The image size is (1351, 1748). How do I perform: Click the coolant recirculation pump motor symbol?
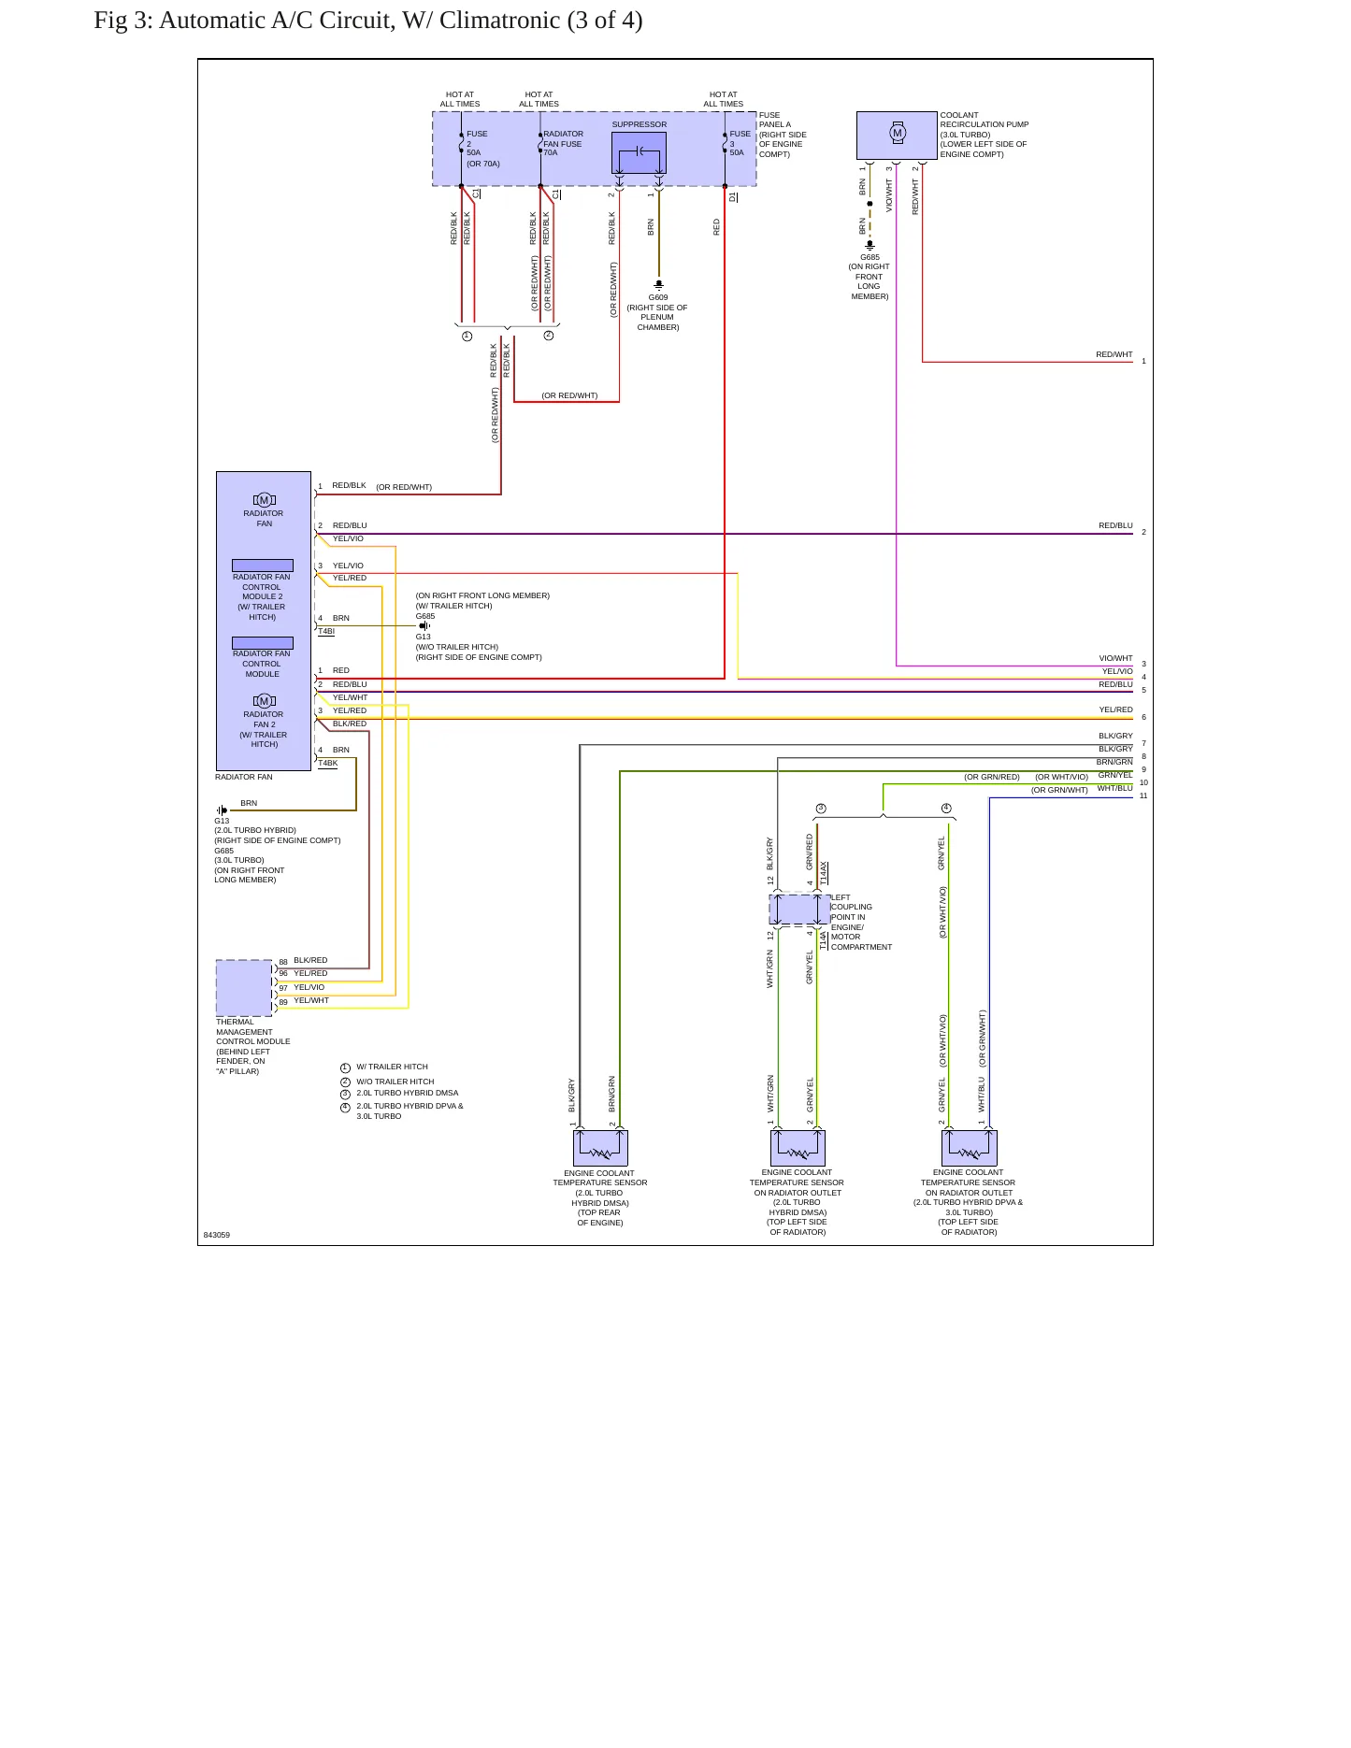tap(898, 133)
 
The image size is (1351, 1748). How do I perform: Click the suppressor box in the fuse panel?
tap(639, 152)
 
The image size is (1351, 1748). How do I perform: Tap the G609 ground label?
tap(658, 297)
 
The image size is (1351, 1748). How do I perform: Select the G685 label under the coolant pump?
tap(870, 257)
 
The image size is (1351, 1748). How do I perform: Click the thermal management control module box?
tap(244, 988)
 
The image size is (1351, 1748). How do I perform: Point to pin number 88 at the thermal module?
tap(283, 962)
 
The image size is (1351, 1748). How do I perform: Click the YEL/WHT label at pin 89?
tap(311, 1000)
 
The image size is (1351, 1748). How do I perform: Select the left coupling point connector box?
tap(799, 910)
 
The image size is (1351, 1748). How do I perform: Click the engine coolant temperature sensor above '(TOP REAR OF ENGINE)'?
tap(600, 1148)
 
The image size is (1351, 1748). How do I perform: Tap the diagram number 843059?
tap(217, 1235)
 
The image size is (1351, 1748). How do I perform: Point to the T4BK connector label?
tap(328, 764)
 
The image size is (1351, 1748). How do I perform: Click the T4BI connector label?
tap(326, 632)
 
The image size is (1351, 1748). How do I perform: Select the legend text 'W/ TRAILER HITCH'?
tap(392, 1067)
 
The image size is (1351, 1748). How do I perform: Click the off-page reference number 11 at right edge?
tap(1143, 796)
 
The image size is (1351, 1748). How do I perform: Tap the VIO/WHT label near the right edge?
tap(1115, 658)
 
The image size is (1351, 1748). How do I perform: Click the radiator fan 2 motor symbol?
tap(265, 701)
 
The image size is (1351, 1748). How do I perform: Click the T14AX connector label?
tap(824, 873)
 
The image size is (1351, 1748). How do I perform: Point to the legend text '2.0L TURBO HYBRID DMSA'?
tap(408, 1093)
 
